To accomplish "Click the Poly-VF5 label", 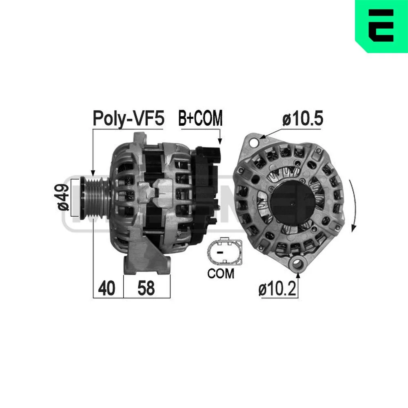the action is coord(129,119).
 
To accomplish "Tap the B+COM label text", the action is coord(200,118).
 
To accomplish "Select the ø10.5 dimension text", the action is coord(303,118).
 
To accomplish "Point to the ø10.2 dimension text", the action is coord(277,288).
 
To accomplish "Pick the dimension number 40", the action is coord(106,288).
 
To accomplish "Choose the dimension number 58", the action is coord(146,288).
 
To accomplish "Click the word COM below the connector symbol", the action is coord(221,273).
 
